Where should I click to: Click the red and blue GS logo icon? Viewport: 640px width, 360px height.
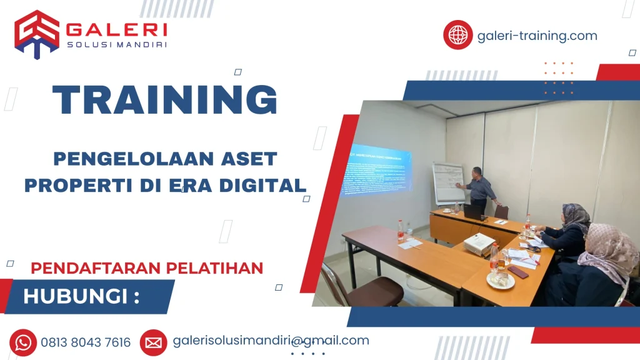click(x=37, y=34)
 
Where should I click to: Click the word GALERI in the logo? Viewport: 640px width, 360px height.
click(x=116, y=29)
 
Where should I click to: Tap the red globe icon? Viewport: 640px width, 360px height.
click(x=458, y=35)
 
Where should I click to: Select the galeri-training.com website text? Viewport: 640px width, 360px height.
click(x=537, y=36)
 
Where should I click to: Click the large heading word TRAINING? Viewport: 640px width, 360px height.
click(x=164, y=100)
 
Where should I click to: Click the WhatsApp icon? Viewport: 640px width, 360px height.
click(x=23, y=342)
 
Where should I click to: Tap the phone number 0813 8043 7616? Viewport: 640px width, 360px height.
click(x=86, y=342)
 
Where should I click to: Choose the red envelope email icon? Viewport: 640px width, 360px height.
click(x=153, y=342)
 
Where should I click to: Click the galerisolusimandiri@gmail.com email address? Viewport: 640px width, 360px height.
click(x=271, y=341)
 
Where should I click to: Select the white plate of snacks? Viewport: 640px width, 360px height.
click(x=501, y=281)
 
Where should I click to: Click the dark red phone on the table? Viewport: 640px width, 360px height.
click(x=517, y=272)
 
